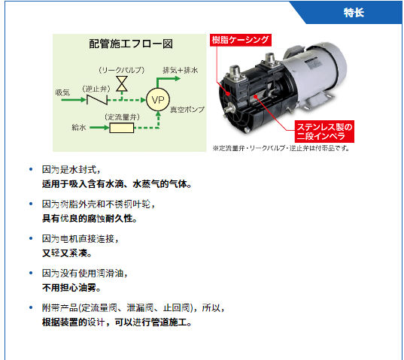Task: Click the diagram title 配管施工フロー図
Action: tap(131, 44)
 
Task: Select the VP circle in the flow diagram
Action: tap(158, 100)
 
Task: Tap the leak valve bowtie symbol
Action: tap(122, 83)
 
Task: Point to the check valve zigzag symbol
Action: tap(97, 100)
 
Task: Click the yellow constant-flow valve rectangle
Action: tap(122, 128)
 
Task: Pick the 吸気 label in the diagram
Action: tap(62, 92)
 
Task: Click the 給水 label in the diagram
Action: tap(78, 127)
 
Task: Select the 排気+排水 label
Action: tap(180, 70)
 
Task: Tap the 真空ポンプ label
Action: tap(187, 110)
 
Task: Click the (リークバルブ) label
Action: tap(122, 70)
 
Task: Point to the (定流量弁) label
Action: tap(122, 117)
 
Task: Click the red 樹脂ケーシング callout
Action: tap(241, 40)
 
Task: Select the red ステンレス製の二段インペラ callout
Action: tap(324, 132)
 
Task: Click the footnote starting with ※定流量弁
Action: tap(281, 149)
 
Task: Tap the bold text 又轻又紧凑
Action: tap(67, 253)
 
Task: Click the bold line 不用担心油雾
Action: tap(71, 288)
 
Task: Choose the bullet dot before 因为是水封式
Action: tap(31, 169)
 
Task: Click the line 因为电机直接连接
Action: tap(80, 239)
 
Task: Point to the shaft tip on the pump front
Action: tap(228, 110)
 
